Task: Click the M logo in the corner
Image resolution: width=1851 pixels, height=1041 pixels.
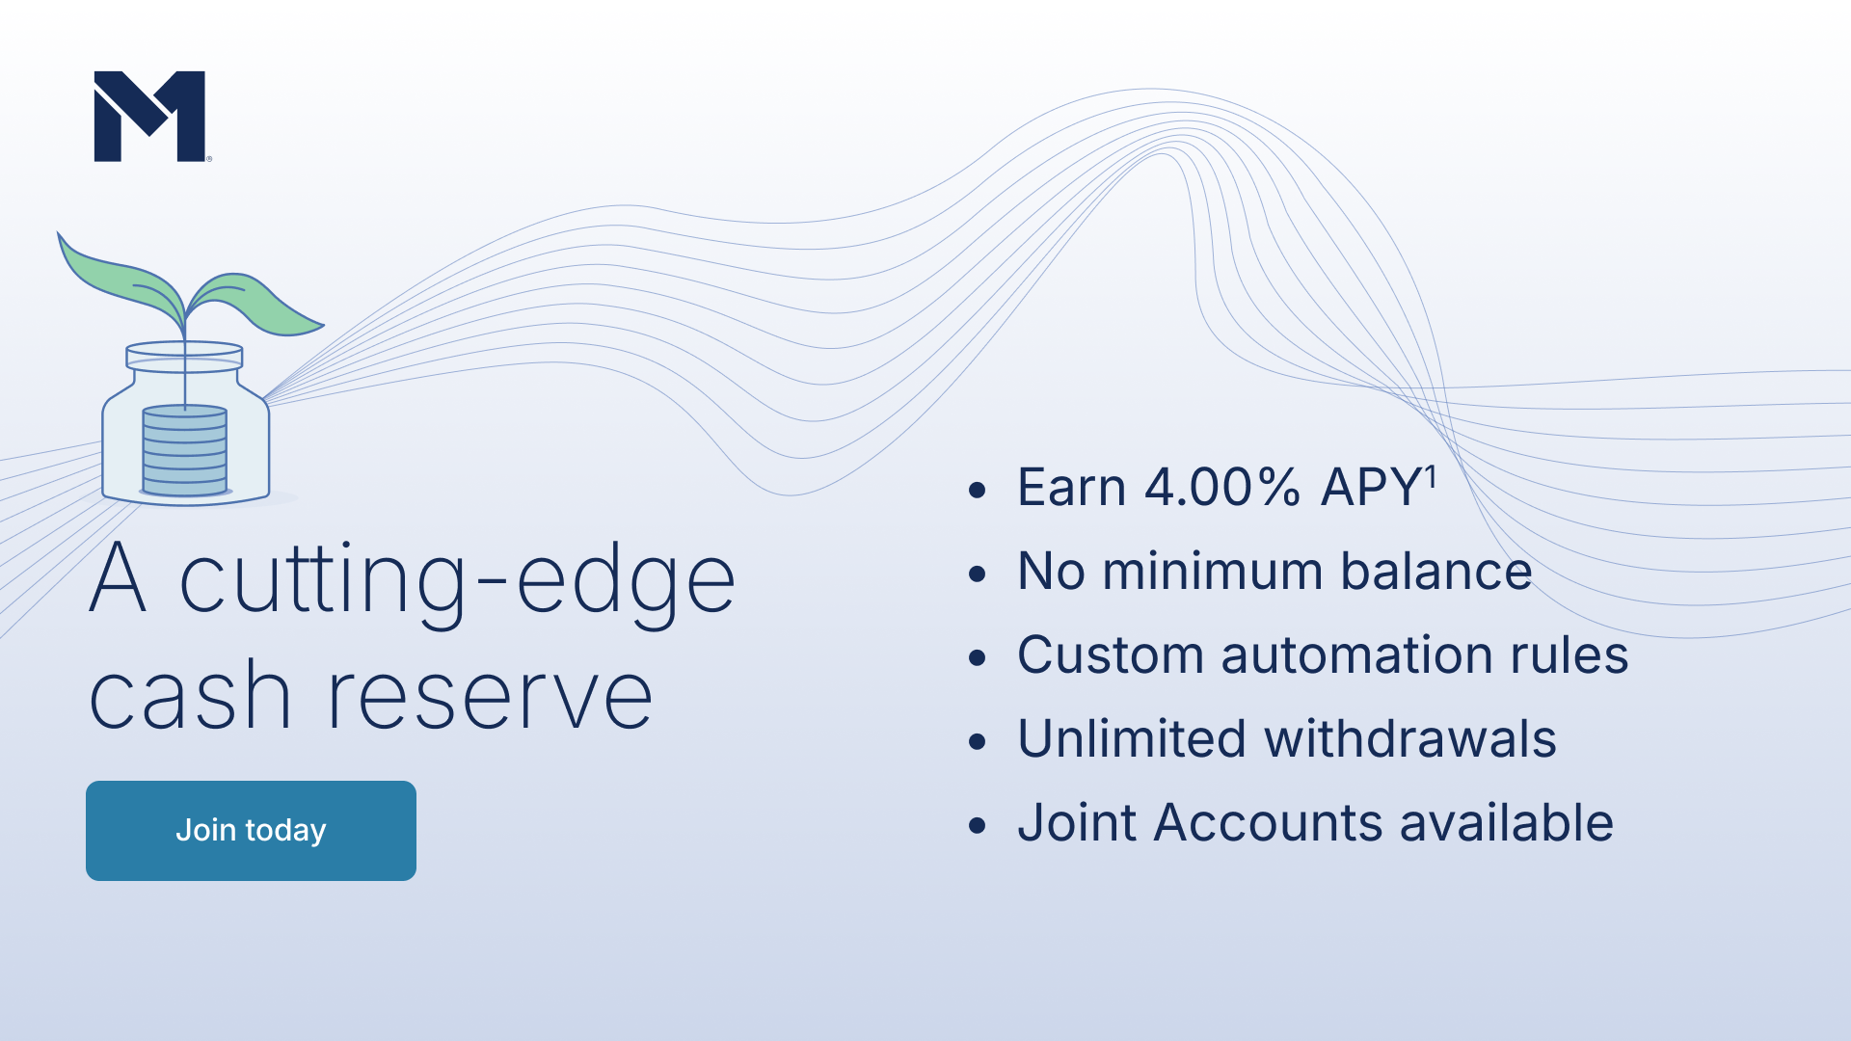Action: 149,116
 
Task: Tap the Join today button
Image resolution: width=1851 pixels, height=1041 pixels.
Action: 251,830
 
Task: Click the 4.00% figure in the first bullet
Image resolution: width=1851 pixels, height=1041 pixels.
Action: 1221,487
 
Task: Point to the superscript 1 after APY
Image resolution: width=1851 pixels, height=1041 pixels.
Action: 1432,477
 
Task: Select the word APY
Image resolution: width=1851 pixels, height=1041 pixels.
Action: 1371,487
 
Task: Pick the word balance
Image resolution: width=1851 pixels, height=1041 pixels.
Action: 1436,572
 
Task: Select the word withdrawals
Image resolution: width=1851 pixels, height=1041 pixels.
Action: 1410,739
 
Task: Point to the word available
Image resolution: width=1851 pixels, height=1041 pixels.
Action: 1507,823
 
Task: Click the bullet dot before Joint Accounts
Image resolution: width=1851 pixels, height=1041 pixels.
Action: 978,826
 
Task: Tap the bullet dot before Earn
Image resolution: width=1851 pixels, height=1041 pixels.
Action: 978,491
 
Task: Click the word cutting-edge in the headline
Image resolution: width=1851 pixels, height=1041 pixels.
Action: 458,580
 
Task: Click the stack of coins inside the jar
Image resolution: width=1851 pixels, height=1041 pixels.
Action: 185,451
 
